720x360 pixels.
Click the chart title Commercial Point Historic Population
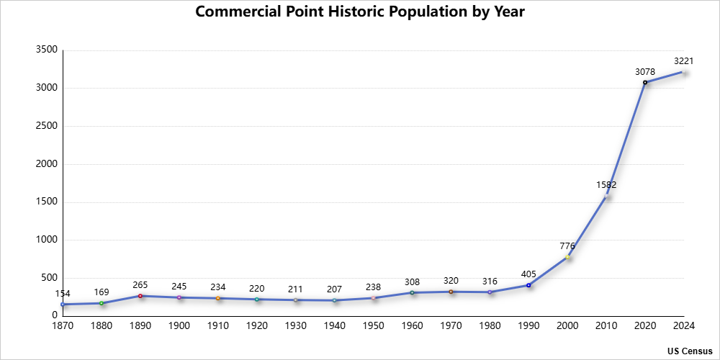point(360,12)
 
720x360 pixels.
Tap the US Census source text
point(690,351)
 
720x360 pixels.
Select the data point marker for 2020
point(645,82)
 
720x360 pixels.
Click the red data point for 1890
point(140,296)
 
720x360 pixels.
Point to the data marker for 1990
point(528,285)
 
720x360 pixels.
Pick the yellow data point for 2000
point(567,257)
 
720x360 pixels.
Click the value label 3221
point(683,61)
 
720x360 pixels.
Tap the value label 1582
point(606,185)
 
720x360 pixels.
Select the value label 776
point(567,246)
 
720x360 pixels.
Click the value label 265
point(140,285)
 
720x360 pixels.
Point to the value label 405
point(528,274)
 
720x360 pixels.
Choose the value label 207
point(334,289)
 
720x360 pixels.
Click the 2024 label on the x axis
point(683,326)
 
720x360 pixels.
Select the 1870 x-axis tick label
point(63,326)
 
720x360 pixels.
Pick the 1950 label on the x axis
point(373,326)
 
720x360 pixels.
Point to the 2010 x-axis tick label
point(606,326)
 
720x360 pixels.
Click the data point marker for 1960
point(412,292)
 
